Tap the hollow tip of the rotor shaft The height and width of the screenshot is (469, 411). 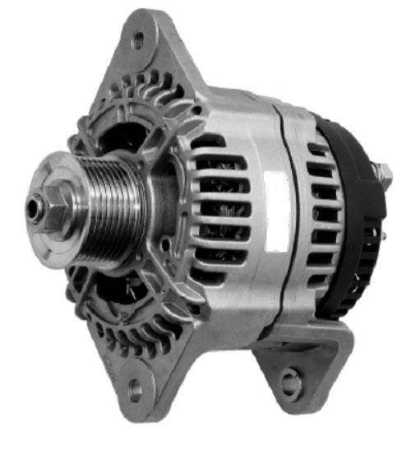click(32, 209)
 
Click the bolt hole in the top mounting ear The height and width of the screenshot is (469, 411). click(137, 36)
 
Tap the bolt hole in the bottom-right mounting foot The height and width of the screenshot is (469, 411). click(289, 380)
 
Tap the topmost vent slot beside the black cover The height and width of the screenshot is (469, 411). click(318, 151)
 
